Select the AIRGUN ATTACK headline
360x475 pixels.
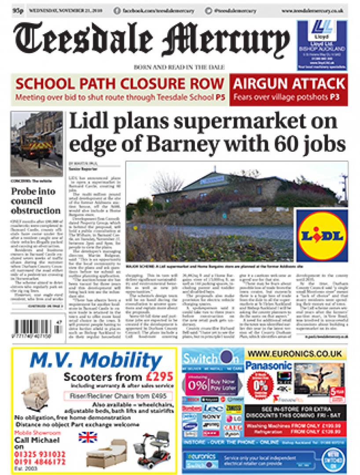tap(290, 83)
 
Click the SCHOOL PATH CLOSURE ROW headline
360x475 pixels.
tap(120, 83)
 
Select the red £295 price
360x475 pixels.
tap(157, 377)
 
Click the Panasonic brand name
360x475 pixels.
tap(268, 365)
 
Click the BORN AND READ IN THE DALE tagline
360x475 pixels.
tap(180, 66)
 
